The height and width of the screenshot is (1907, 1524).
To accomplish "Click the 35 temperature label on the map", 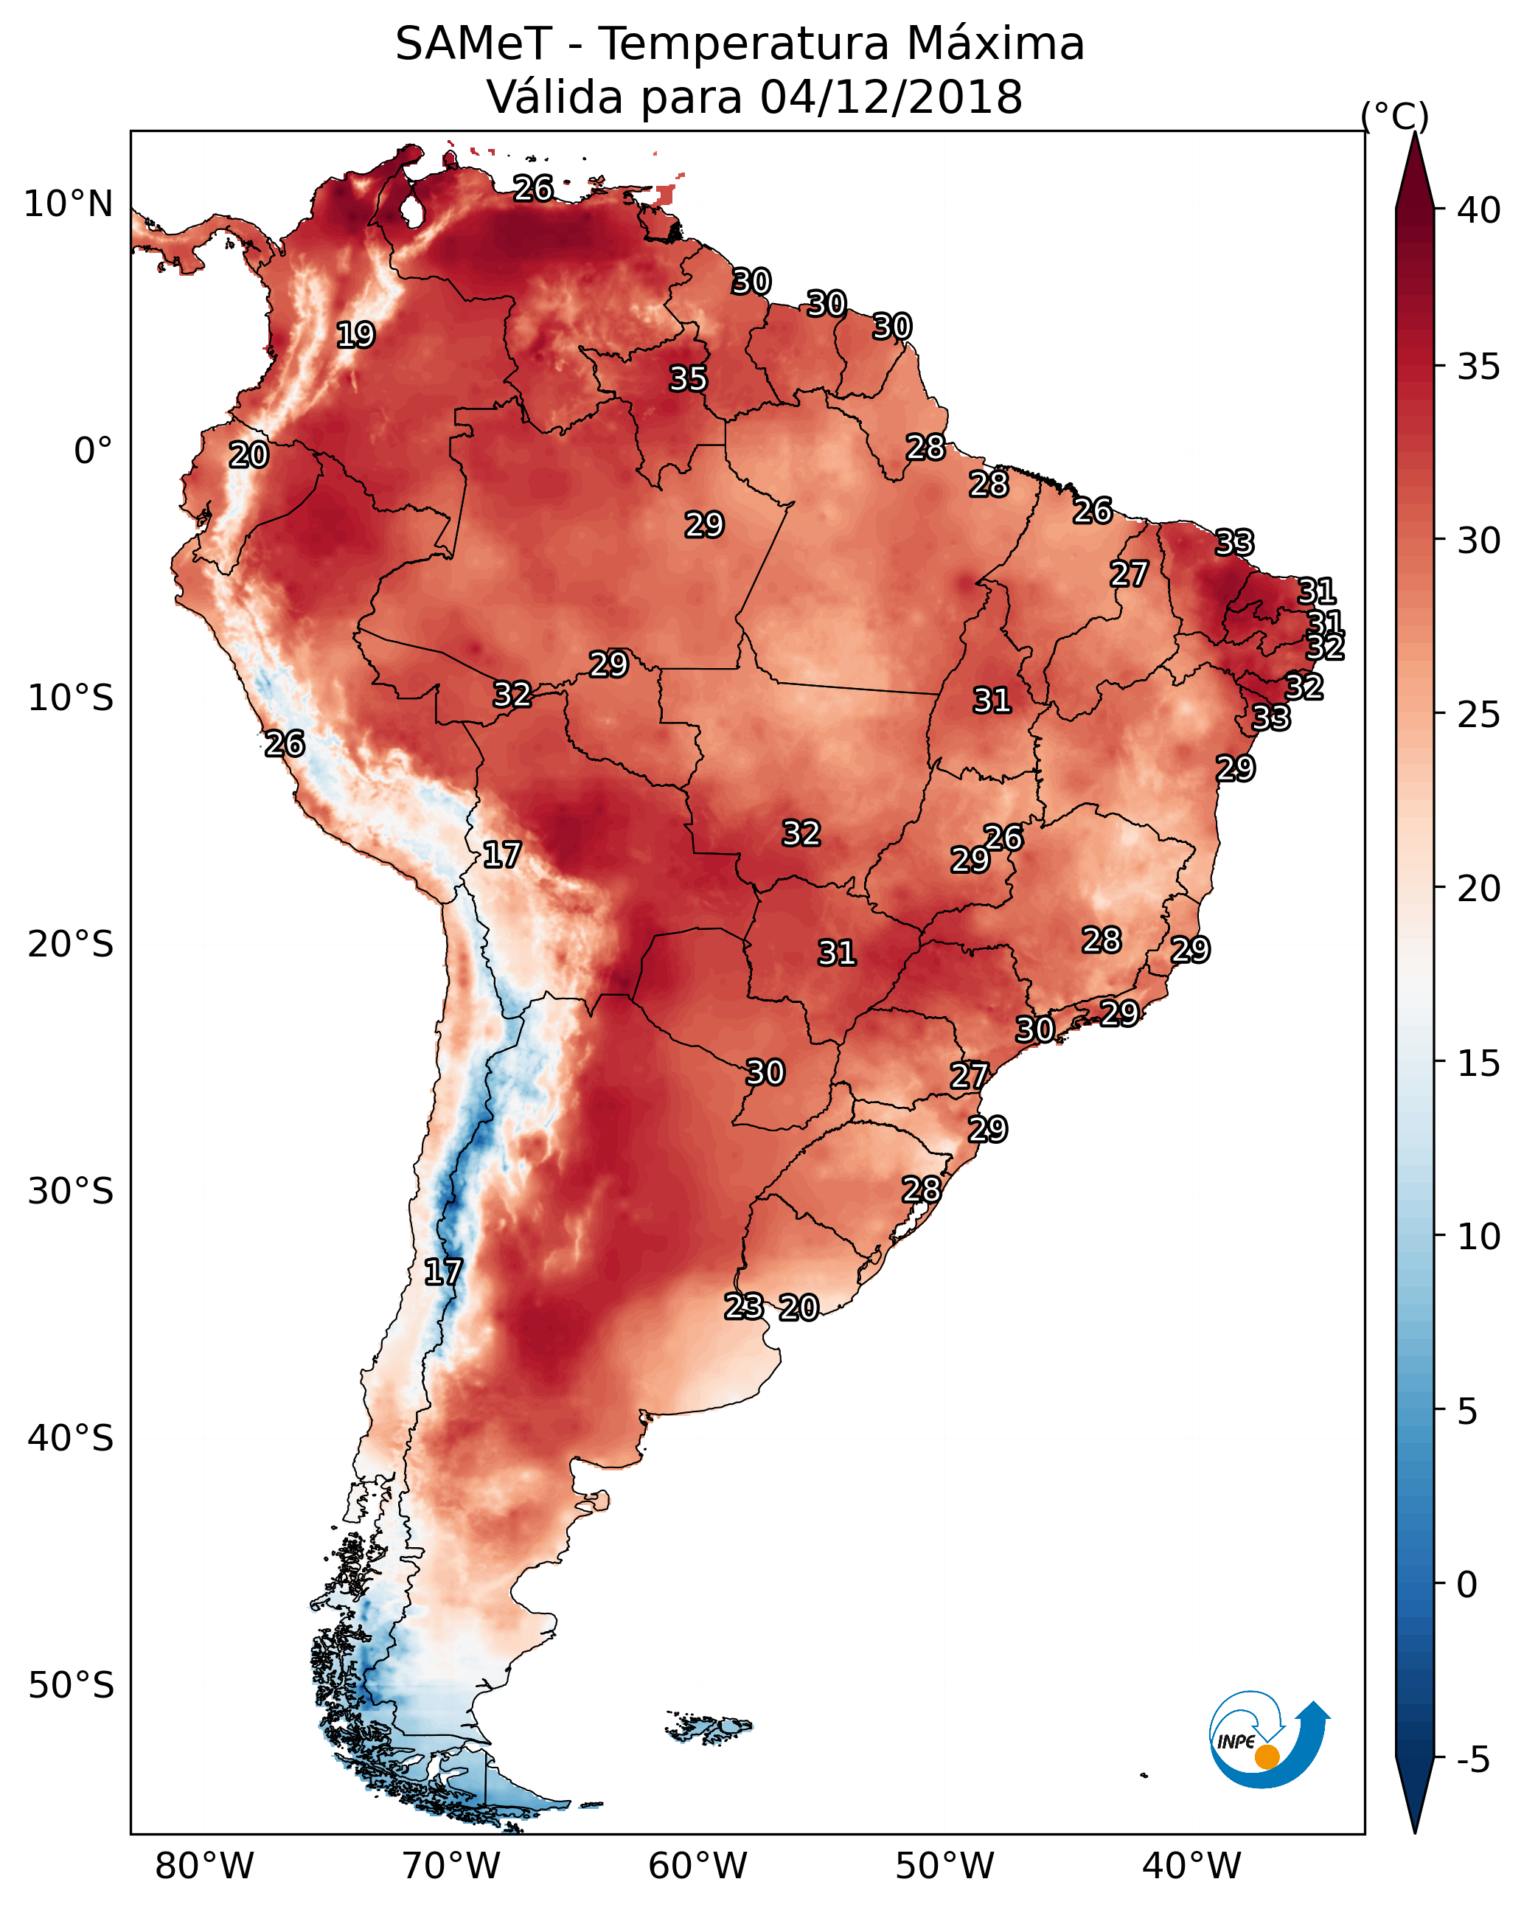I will (x=687, y=378).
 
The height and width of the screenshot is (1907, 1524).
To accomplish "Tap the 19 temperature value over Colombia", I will (x=355, y=336).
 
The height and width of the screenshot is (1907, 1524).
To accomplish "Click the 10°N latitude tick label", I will (x=68, y=204).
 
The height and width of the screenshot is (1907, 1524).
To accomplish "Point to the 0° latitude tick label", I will (x=93, y=451).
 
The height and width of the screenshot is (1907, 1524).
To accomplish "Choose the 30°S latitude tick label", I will (x=71, y=1192).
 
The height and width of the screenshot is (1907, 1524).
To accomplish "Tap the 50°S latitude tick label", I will (x=71, y=1685).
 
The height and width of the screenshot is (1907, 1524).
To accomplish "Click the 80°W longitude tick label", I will (x=204, y=1866).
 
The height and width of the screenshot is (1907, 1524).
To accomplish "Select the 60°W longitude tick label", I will (x=698, y=1866).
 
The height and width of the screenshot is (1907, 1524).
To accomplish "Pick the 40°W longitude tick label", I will (x=1191, y=1866).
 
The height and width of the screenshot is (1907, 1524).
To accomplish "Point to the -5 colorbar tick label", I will (x=1472, y=1760).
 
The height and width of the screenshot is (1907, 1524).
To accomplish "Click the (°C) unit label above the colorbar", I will (x=1394, y=116).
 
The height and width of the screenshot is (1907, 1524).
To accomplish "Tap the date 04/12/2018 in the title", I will (x=891, y=97).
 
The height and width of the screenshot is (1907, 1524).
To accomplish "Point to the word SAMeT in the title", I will (x=473, y=44).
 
